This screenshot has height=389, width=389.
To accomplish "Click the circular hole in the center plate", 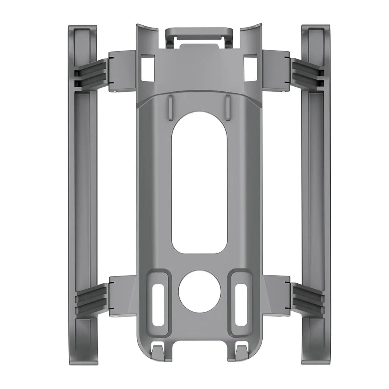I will tap(199, 291).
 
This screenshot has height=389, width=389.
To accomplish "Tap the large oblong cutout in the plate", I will tap(199, 183).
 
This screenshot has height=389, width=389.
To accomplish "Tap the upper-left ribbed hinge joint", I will tap(91, 74).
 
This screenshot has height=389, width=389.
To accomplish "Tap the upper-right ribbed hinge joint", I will tap(307, 74).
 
